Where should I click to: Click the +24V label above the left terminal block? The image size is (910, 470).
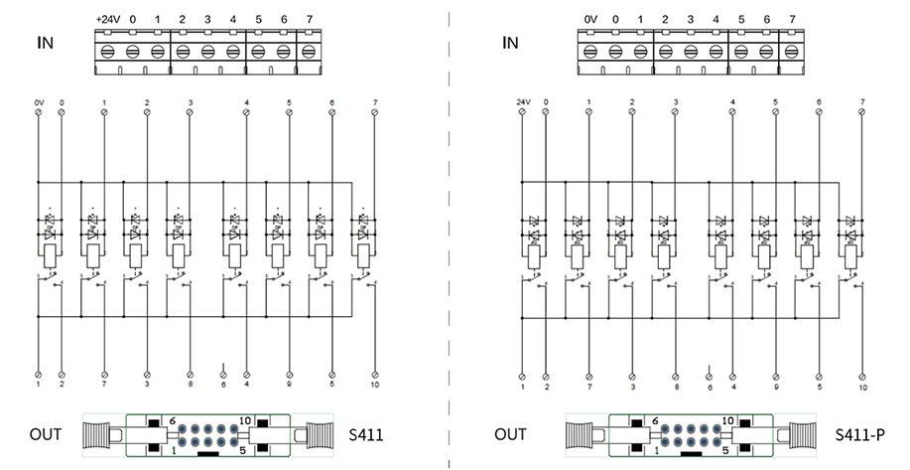(x=106, y=19)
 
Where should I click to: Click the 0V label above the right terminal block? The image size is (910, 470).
(x=590, y=19)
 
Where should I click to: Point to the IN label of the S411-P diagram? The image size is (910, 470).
(x=510, y=43)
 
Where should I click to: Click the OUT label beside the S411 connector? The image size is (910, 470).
(x=45, y=435)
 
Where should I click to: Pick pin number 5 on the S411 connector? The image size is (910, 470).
(x=242, y=450)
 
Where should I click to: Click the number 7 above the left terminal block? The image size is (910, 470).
(x=309, y=19)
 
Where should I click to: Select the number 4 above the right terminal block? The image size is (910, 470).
(x=715, y=19)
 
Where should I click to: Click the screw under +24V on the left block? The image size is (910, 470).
(x=107, y=52)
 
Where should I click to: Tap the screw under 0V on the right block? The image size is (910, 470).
(x=591, y=52)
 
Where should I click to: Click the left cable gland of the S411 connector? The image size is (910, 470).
(x=103, y=436)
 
